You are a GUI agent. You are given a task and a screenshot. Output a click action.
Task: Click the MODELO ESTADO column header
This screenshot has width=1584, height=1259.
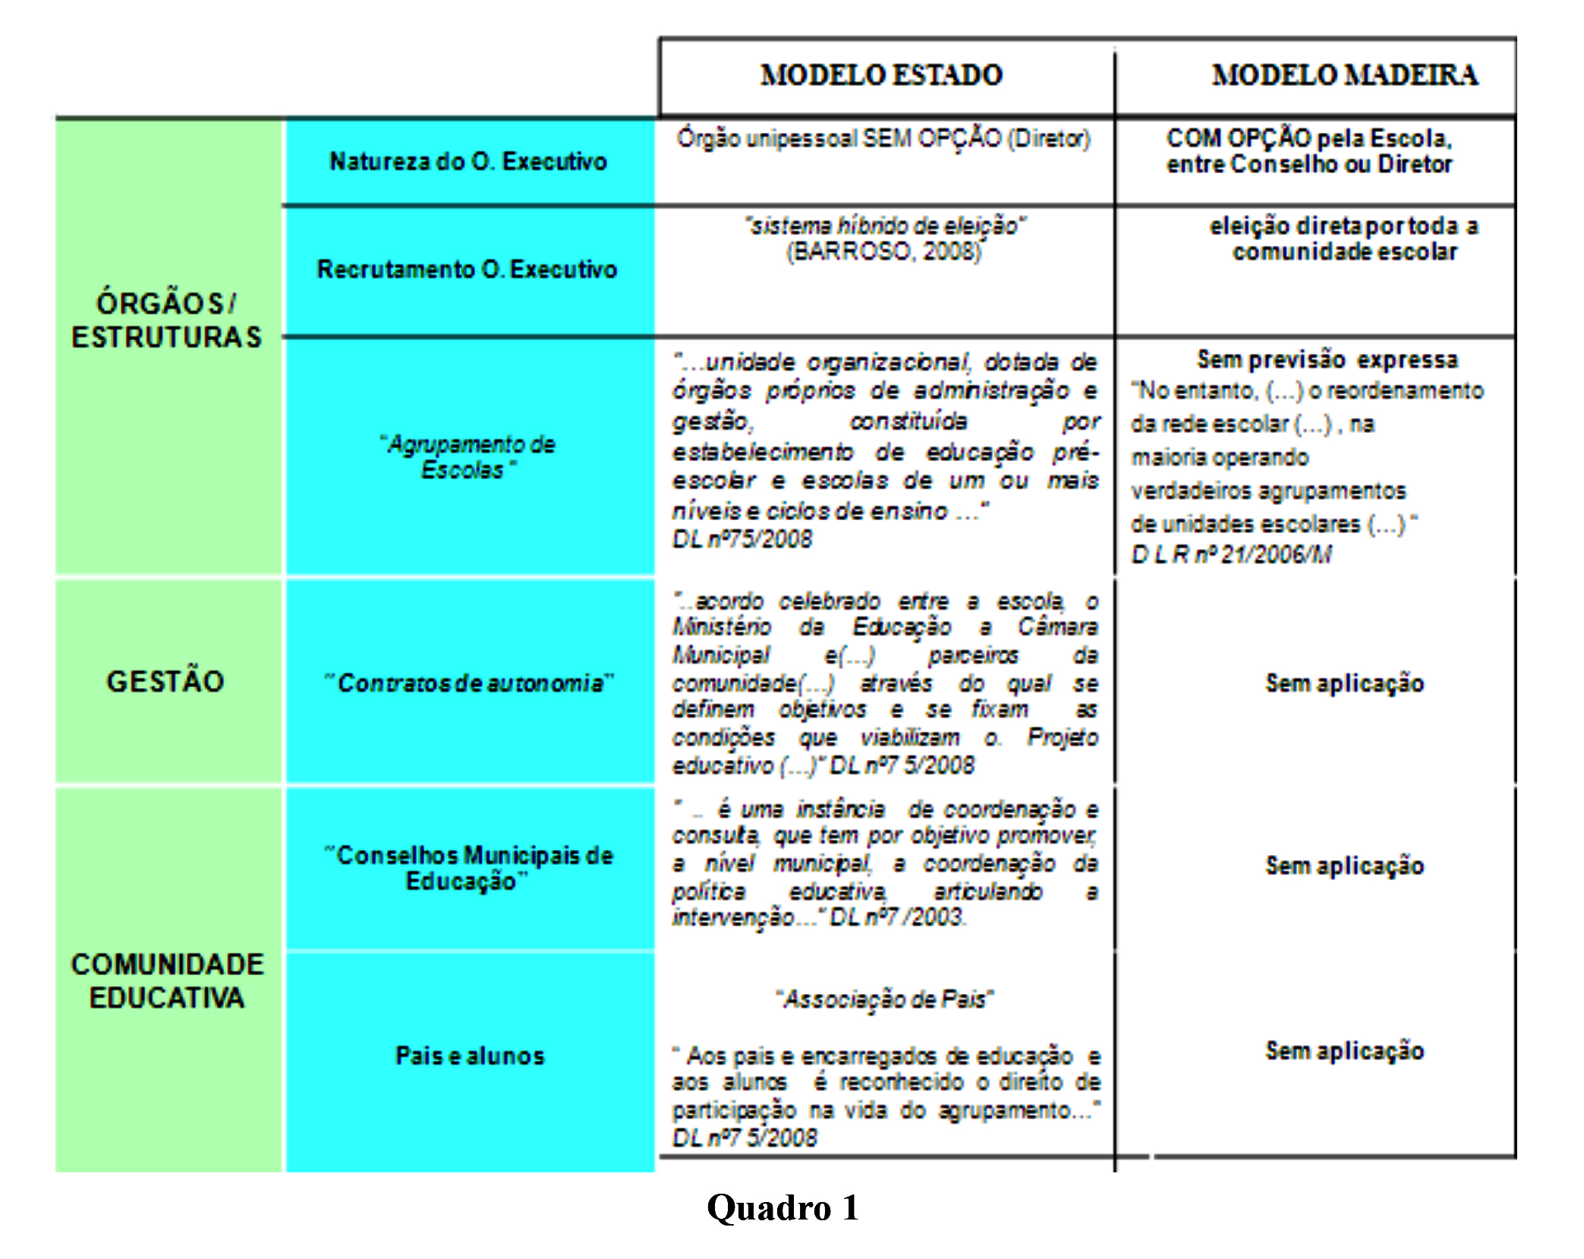pos(881,75)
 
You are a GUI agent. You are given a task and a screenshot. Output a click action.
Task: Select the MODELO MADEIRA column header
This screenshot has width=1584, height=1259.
pos(1344,75)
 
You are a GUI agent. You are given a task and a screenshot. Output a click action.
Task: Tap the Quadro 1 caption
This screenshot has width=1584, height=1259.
pos(783,1207)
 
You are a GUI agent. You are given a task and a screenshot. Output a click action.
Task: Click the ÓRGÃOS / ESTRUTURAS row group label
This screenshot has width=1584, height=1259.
pos(166,320)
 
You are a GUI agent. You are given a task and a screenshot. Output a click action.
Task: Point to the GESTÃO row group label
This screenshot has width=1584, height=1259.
pos(165,681)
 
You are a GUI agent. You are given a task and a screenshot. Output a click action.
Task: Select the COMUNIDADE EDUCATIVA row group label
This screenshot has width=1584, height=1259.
pos(167,980)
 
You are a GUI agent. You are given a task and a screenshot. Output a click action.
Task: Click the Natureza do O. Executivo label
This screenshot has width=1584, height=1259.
pos(468,161)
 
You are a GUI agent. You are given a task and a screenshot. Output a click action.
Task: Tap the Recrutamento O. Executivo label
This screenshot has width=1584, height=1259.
pos(467,269)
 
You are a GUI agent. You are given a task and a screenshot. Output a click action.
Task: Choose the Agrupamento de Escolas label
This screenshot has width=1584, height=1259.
pos(468,457)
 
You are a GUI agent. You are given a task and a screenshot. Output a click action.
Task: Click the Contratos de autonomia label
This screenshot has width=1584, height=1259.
pos(469,683)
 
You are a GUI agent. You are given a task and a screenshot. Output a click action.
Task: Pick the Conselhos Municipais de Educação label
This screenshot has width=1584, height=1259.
pos(469,868)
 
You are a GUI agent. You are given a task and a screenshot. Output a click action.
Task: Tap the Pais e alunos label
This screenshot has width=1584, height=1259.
pos(470,1055)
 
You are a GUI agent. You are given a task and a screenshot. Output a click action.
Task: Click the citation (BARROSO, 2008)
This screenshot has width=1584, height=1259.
pos(883,251)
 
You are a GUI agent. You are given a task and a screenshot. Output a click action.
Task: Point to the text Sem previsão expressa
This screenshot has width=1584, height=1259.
pos(1327,359)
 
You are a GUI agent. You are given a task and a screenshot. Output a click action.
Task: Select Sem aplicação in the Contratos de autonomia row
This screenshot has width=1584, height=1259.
pos(1344,683)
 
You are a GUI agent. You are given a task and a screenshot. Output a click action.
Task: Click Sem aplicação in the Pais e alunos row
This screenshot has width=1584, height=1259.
pos(1344,1051)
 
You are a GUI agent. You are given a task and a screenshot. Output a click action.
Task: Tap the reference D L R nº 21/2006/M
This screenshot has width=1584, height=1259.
pos(1231,554)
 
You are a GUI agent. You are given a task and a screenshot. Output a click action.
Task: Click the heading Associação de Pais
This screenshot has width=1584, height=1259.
pos(884,999)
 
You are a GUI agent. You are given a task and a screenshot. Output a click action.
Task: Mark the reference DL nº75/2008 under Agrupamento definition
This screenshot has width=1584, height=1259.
pos(742,539)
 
